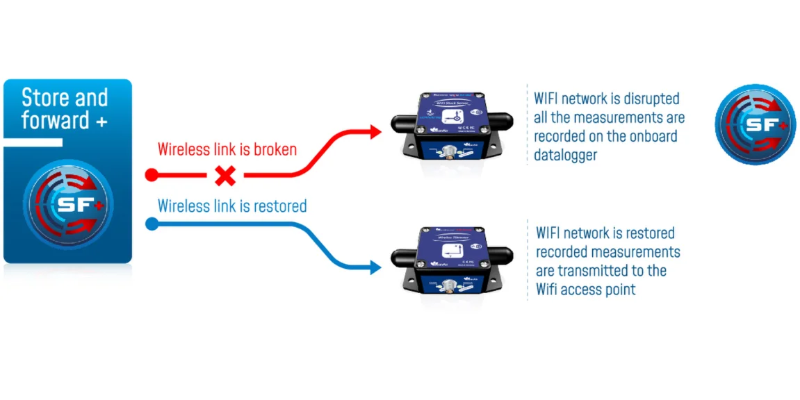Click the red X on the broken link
point(225,176)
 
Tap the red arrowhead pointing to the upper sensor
point(376,131)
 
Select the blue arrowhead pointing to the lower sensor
point(376,267)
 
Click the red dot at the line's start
point(151,174)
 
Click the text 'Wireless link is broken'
point(227,149)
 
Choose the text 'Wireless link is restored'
point(232,206)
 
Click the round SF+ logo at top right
point(755,125)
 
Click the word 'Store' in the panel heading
point(44,97)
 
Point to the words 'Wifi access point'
point(586,290)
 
